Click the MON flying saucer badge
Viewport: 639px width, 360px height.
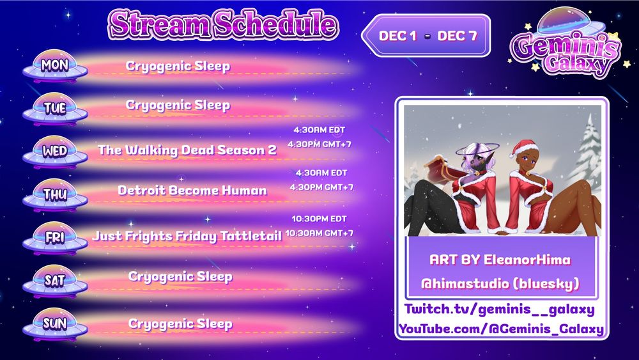55,66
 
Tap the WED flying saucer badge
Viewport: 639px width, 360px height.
55,152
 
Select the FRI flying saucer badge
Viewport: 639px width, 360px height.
55,237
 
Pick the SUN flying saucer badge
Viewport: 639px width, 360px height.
55,324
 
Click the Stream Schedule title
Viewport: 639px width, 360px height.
223,24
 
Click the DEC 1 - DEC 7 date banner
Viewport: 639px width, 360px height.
427,36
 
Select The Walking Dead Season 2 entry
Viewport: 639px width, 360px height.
187,150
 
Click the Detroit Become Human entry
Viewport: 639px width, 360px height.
192,191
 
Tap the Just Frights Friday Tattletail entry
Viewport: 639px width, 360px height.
187,236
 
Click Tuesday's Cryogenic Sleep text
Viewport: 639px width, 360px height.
178,105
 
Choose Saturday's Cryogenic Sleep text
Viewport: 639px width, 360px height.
180,276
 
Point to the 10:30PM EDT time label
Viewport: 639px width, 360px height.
319,218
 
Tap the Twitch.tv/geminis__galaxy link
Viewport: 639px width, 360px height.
500,310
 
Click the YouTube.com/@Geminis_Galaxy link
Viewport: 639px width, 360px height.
501,329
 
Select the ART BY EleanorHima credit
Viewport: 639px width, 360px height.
500,260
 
